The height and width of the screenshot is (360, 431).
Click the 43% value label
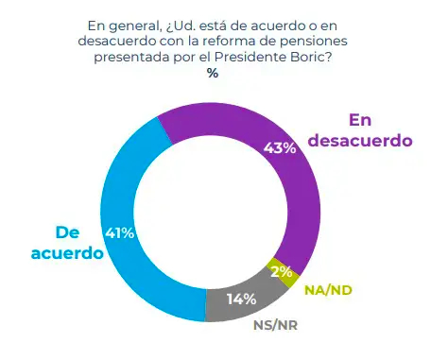(281, 147)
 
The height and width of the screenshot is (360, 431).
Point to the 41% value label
(118, 231)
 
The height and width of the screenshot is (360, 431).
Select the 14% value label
(240, 301)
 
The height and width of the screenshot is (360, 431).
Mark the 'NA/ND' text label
(327, 288)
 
